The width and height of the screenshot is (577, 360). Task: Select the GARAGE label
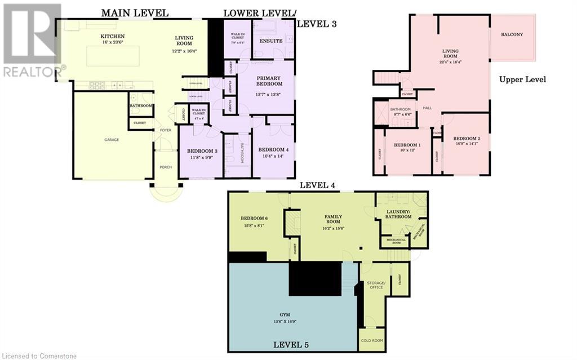click(112, 139)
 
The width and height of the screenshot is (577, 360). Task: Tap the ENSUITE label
click(271, 41)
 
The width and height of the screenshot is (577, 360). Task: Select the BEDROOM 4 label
click(273, 149)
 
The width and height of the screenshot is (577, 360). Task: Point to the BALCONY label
click(512, 34)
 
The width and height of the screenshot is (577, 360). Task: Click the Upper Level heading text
click(522, 79)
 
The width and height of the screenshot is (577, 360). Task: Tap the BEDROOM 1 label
click(408, 144)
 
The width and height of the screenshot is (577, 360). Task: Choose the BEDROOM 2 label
click(467, 138)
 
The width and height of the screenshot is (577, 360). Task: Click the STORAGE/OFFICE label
click(376, 285)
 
